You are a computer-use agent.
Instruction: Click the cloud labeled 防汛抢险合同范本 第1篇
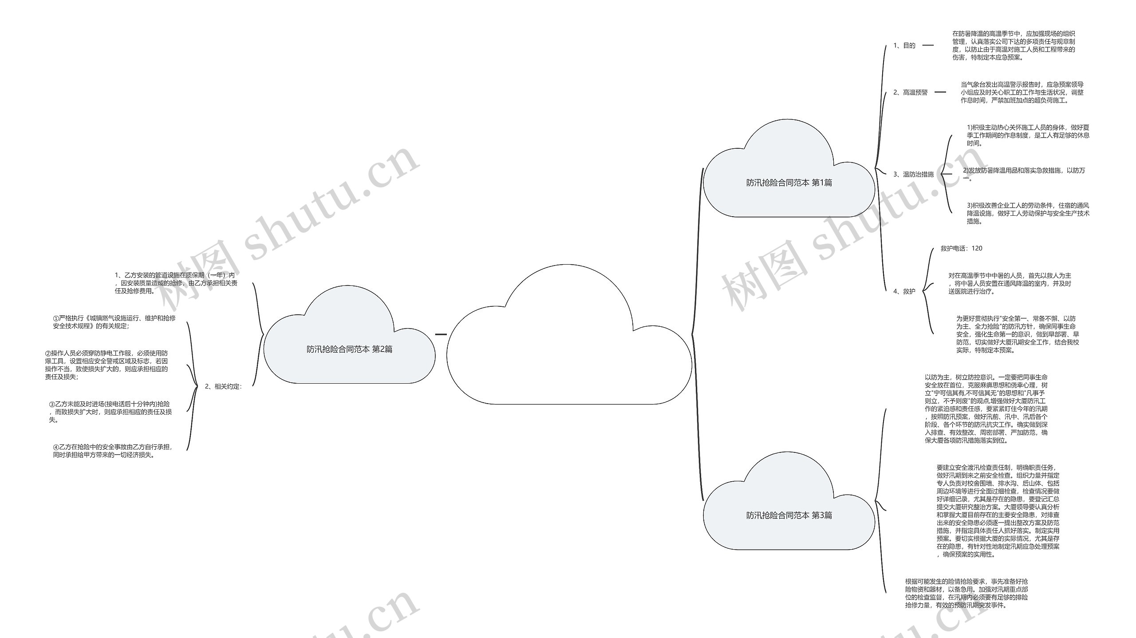tap(789, 182)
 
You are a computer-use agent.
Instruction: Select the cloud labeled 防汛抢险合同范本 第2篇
tap(349, 349)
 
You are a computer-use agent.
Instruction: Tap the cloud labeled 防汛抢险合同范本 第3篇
tap(789, 515)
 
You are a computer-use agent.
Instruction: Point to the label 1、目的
tap(904, 45)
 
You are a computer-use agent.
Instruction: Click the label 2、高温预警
tap(911, 92)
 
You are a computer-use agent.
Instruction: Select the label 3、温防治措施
tap(913, 174)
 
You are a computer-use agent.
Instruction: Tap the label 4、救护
tap(904, 291)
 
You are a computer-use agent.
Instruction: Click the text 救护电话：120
tap(962, 248)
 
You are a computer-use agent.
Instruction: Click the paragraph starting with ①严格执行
tap(114, 322)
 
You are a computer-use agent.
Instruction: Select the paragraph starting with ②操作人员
tap(106, 365)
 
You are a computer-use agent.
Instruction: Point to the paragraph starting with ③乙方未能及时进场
tap(110, 412)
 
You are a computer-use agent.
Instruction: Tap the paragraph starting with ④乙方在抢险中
tap(113, 451)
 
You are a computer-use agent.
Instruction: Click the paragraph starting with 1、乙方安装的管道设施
tap(176, 283)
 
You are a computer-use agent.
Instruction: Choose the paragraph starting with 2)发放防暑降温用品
tap(1024, 174)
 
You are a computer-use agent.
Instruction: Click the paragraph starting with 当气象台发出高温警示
tap(1022, 92)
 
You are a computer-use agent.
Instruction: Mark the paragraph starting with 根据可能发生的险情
tap(966, 593)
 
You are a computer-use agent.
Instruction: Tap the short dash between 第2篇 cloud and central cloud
tap(441, 334)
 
